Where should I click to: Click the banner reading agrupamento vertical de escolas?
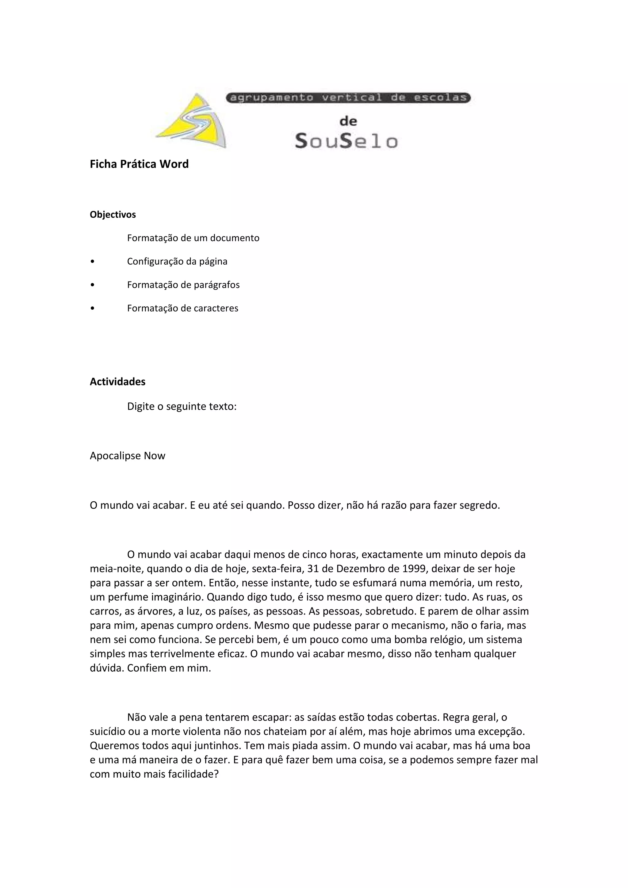(x=348, y=98)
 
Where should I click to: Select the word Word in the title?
(x=174, y=164)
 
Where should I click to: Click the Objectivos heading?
(x=113, y=215)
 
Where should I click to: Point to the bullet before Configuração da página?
(x=92, y=262)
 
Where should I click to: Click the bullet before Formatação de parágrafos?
(x=92, y=285)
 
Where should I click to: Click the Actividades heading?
(x=117, y=382)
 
